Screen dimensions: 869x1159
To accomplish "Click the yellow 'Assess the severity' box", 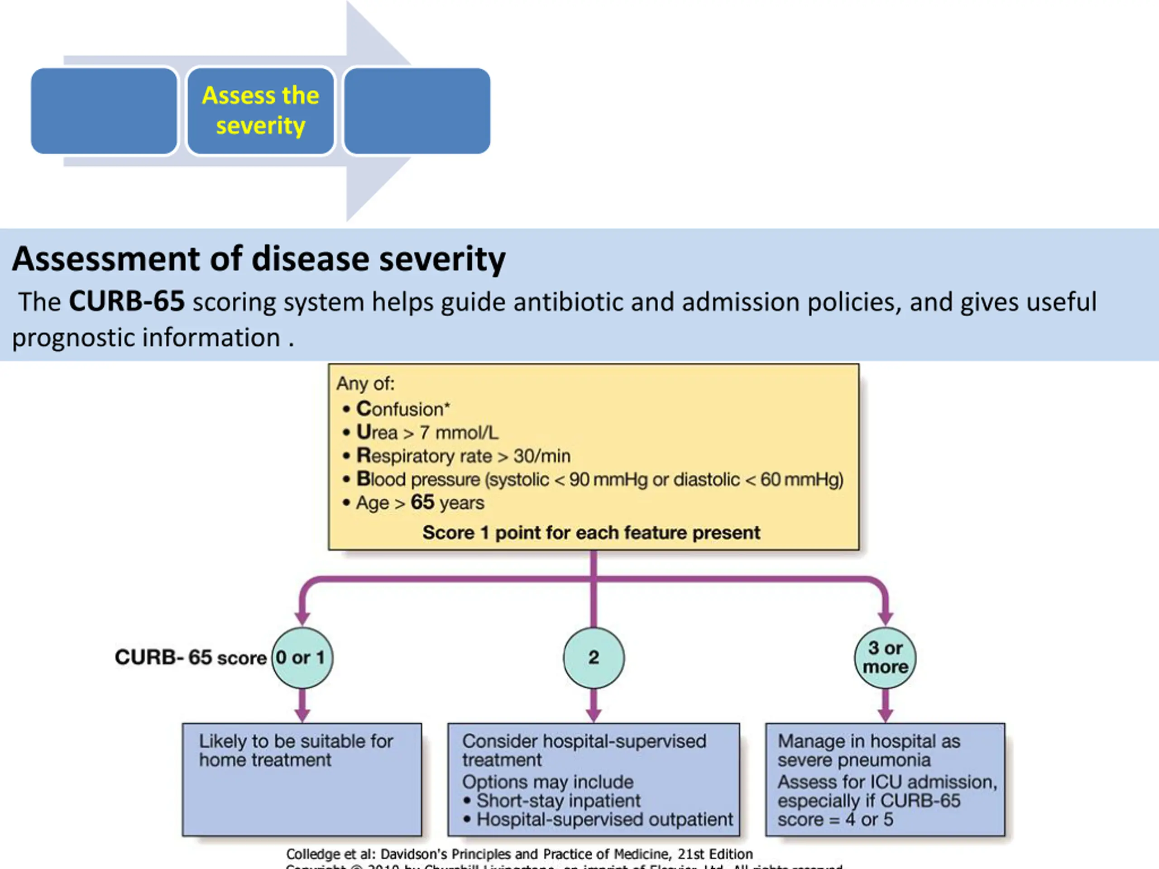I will [260, 110].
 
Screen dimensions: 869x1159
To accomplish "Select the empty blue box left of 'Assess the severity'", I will [104, 110].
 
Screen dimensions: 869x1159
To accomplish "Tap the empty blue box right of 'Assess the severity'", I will [417, 110].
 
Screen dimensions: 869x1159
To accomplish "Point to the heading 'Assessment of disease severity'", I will [259, 259].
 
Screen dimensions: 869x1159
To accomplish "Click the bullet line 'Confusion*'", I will [402, 409].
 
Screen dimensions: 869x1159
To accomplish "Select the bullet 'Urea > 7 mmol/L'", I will [427, 433].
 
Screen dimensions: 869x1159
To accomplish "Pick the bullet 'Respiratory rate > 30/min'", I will [463, 456].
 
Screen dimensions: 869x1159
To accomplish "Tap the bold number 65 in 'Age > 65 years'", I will [422, 502].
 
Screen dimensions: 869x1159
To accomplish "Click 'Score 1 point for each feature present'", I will [591, 533].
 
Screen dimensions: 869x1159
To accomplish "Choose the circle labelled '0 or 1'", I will [302, 657].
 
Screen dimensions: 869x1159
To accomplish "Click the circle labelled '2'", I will [594, 657].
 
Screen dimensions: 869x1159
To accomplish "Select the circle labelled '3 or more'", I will [885, 657].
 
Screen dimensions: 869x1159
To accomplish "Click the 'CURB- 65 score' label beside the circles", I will [190, 657].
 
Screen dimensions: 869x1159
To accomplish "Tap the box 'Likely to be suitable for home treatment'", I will [302, 779].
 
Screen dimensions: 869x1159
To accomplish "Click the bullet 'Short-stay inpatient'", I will [558, 800].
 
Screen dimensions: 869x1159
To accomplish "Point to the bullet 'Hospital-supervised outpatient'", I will [604, 819].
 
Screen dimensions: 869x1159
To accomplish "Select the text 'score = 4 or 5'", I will [835, 819].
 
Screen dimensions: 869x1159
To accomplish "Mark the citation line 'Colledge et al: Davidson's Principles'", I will [519, 854].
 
